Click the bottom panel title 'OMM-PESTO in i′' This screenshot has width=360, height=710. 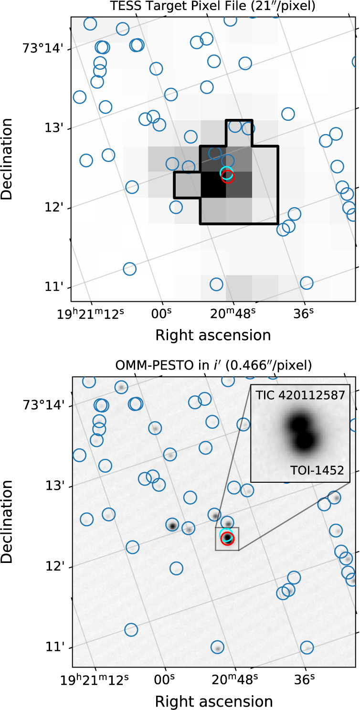tap(213, 366)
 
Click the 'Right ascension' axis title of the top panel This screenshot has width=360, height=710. tap(213, 335)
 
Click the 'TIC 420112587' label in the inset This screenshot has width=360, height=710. tap(300, 395)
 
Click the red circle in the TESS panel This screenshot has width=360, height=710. tap(227, 176)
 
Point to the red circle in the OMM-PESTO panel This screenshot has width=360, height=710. tap(228, 539)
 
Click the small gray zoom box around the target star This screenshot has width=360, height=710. tap(227, 539)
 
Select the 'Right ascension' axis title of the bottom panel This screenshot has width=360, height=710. tap(214, 701)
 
